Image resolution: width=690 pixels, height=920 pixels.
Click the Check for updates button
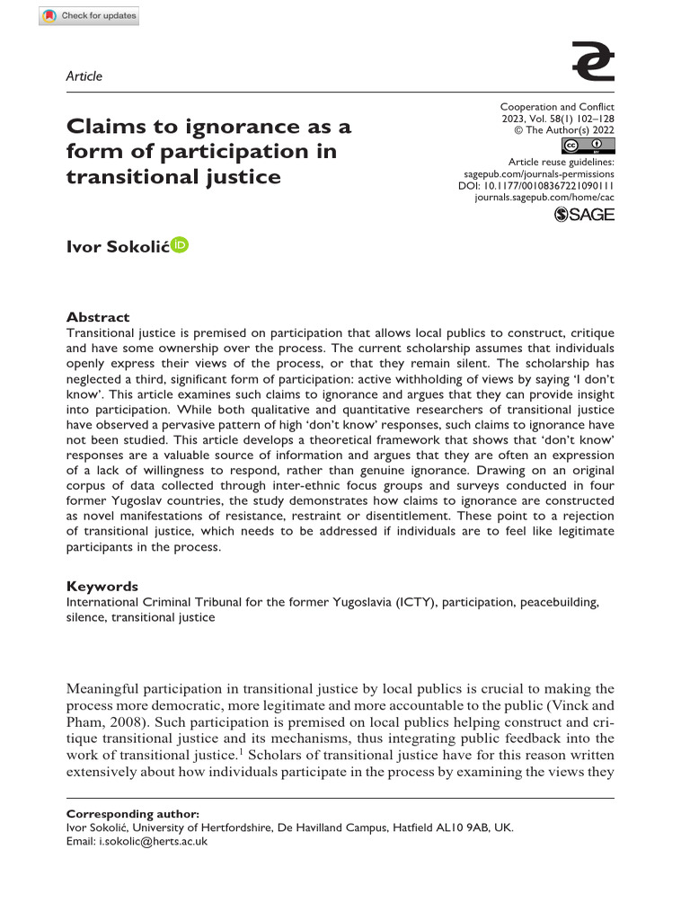pyautogui.click(x=90, y=15)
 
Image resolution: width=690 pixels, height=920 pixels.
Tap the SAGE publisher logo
pyautogui.click(x=585, y=214)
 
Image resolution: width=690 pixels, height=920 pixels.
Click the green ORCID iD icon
pyautogui.click(x=180, y=245)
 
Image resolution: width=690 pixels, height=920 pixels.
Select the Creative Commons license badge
pyautogui.click(x=581, y=146)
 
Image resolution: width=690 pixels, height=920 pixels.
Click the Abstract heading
pyautogui.click(x=98, y=317)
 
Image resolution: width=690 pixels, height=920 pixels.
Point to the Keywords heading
pyautogui.click(x=102, y=586)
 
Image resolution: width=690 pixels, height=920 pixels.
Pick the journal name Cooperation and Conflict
pyautogui.click(x=557, y=107)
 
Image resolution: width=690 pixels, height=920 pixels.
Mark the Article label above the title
pyautogui.click(x=84, y=76)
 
